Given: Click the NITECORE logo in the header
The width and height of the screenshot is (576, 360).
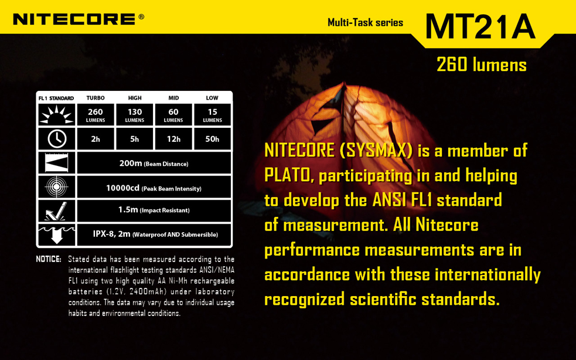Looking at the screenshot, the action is click(79, 19).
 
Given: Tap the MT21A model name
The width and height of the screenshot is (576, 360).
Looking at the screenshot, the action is click(480, 26).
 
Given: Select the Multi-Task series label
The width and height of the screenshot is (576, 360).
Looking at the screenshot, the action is click(365, 22).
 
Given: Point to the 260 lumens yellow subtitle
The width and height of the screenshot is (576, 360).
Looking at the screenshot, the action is click(481, 64).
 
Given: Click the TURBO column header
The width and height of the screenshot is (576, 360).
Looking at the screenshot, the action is click(96, 98).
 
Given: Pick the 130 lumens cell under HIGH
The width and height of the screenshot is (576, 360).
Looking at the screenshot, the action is click(135, 114).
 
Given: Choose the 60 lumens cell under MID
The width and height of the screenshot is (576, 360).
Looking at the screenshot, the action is click(173, 114).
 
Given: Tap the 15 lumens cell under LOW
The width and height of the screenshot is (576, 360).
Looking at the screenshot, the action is click(212, 114).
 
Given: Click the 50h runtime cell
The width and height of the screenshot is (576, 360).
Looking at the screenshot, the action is click(212, 139).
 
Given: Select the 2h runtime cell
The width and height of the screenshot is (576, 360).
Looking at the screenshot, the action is click(96, 139).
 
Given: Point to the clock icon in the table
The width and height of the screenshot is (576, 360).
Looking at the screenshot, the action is click(57, 138).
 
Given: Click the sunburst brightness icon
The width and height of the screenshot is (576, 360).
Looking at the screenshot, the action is click(57, 114).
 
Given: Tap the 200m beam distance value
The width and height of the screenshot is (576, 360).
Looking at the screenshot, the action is click(154, 163).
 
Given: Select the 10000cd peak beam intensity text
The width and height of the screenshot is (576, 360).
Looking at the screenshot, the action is click(154, 188).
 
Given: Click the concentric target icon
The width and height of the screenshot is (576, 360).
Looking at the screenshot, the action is click(57, 187).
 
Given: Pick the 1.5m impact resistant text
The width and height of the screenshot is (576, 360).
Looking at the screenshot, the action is click(154, 209).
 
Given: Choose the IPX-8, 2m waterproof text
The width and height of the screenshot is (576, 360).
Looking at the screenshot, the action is click(155, 234).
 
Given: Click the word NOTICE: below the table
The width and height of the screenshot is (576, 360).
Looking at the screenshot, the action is click(49, 259).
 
